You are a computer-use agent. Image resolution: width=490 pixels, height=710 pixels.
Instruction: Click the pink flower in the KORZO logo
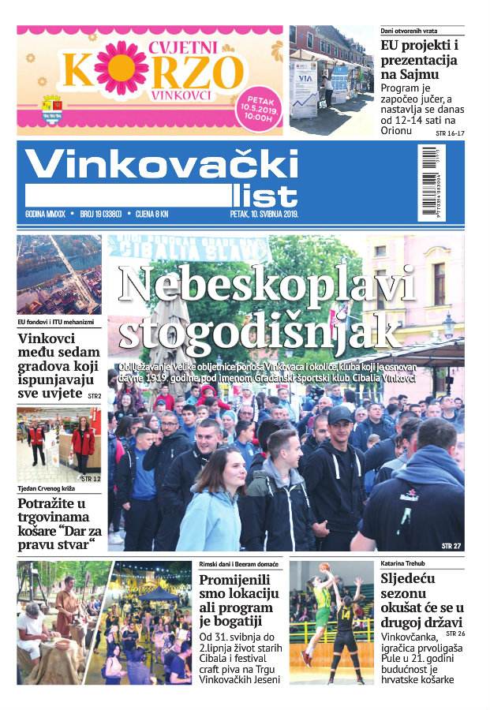coord(121,70)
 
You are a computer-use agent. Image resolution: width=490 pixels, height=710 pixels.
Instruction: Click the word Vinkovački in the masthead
coord(162,164)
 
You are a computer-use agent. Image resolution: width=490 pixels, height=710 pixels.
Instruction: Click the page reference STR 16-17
coord(449,135)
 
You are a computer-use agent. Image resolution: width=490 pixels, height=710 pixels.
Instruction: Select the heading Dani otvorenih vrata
coord(409,30)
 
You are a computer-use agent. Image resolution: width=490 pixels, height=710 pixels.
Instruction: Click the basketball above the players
coord(324,567)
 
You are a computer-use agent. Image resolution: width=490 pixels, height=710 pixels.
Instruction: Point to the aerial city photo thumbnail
coord(58,274)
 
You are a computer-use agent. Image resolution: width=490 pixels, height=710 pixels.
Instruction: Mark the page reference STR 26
coord(455,633)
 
